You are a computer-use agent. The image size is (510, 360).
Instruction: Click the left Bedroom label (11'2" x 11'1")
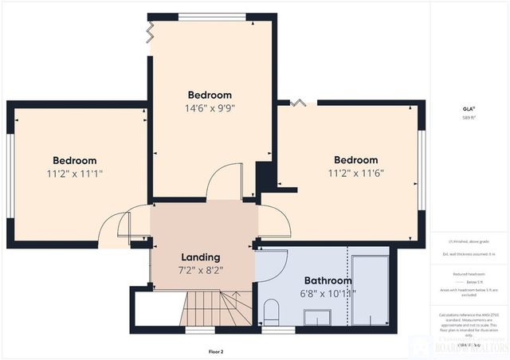(x=75, y=160)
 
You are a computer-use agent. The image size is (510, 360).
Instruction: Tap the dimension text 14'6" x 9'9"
(x=210, y=108)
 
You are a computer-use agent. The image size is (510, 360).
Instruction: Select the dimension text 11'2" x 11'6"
(x=355, y=172)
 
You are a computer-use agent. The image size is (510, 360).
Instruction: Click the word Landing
(x=200, y=257)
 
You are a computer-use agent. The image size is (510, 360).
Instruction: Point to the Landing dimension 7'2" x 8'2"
(x=200, y=270)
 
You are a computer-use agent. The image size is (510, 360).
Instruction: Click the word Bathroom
(x=328, y=280)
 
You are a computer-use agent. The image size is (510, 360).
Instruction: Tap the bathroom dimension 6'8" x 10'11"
(x=328, y=293)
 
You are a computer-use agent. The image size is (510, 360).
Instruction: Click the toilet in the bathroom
(x=271, y=311)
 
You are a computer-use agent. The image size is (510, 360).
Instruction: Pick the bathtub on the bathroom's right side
(x=370, y=291)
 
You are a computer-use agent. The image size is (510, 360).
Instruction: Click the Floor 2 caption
(x=216, y=350)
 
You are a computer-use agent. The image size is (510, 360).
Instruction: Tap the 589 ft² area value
(x=469, y=118)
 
